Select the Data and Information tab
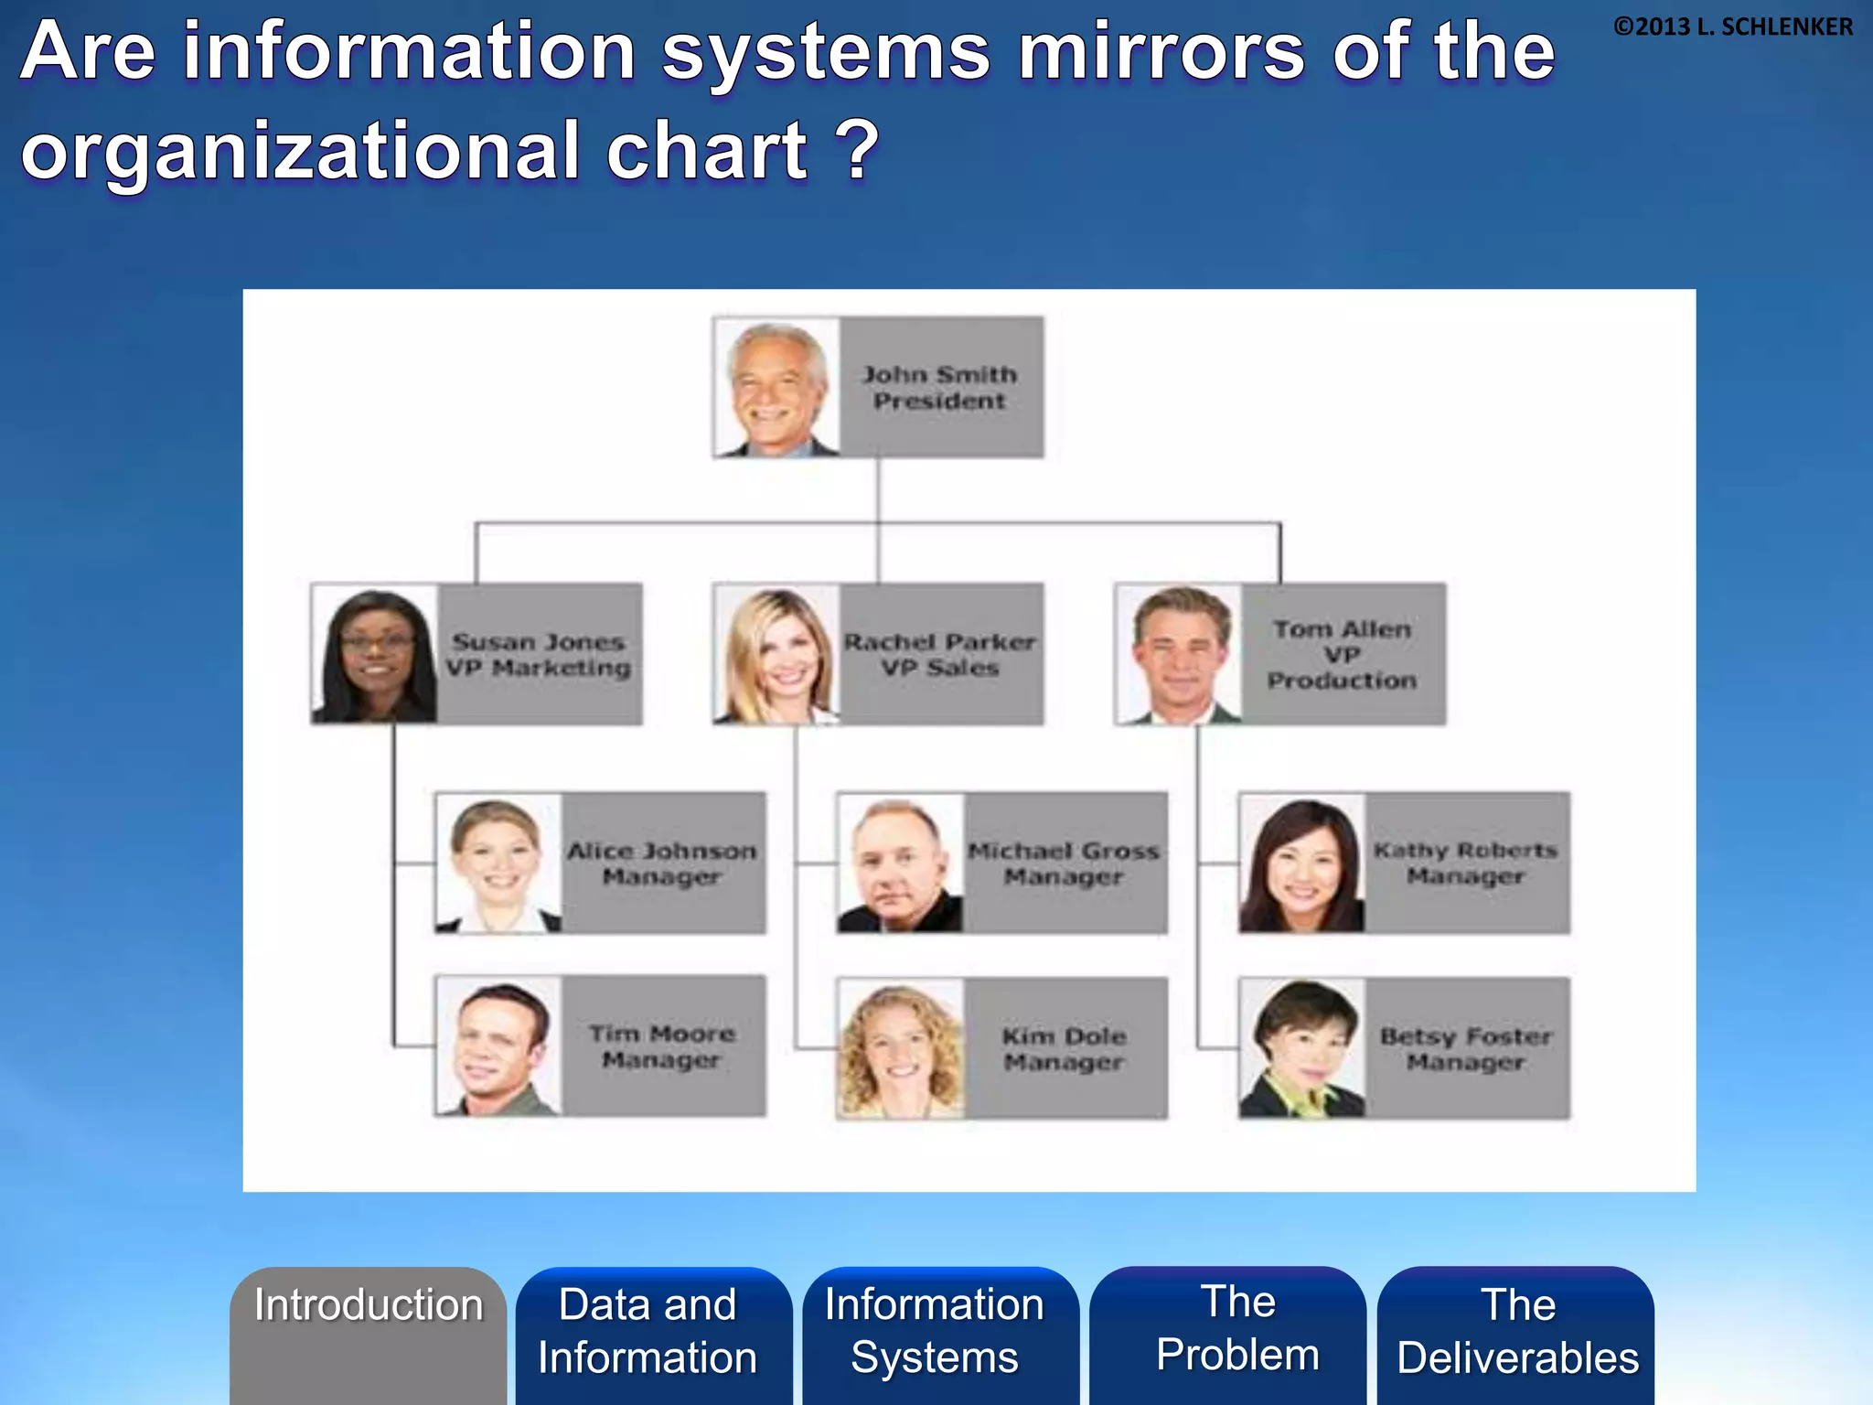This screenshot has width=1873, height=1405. tap(648, 1331)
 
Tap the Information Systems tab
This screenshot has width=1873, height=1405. tap(935, 1331)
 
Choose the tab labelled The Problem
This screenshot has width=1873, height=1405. tap(1238, 1328)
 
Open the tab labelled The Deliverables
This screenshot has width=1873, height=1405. tap(1518, 1331)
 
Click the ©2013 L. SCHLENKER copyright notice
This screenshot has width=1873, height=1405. tap(1732, 27)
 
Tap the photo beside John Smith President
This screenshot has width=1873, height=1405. tap(777, 388)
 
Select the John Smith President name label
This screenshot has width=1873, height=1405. tap(940, 388)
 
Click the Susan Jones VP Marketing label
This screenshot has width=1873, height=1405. tap(539, 655)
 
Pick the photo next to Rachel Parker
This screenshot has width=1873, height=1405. tap(777, 655)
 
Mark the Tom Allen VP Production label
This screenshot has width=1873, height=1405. tap(1343, 655)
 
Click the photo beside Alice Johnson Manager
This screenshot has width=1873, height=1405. tap(498, 863)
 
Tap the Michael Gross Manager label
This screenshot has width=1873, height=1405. tap(1064, 863)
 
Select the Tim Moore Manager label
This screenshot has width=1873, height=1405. tap(662, 1046)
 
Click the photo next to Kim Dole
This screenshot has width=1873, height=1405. tap(901, 1048)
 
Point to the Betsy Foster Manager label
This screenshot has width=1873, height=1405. tap(1466, 1048)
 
